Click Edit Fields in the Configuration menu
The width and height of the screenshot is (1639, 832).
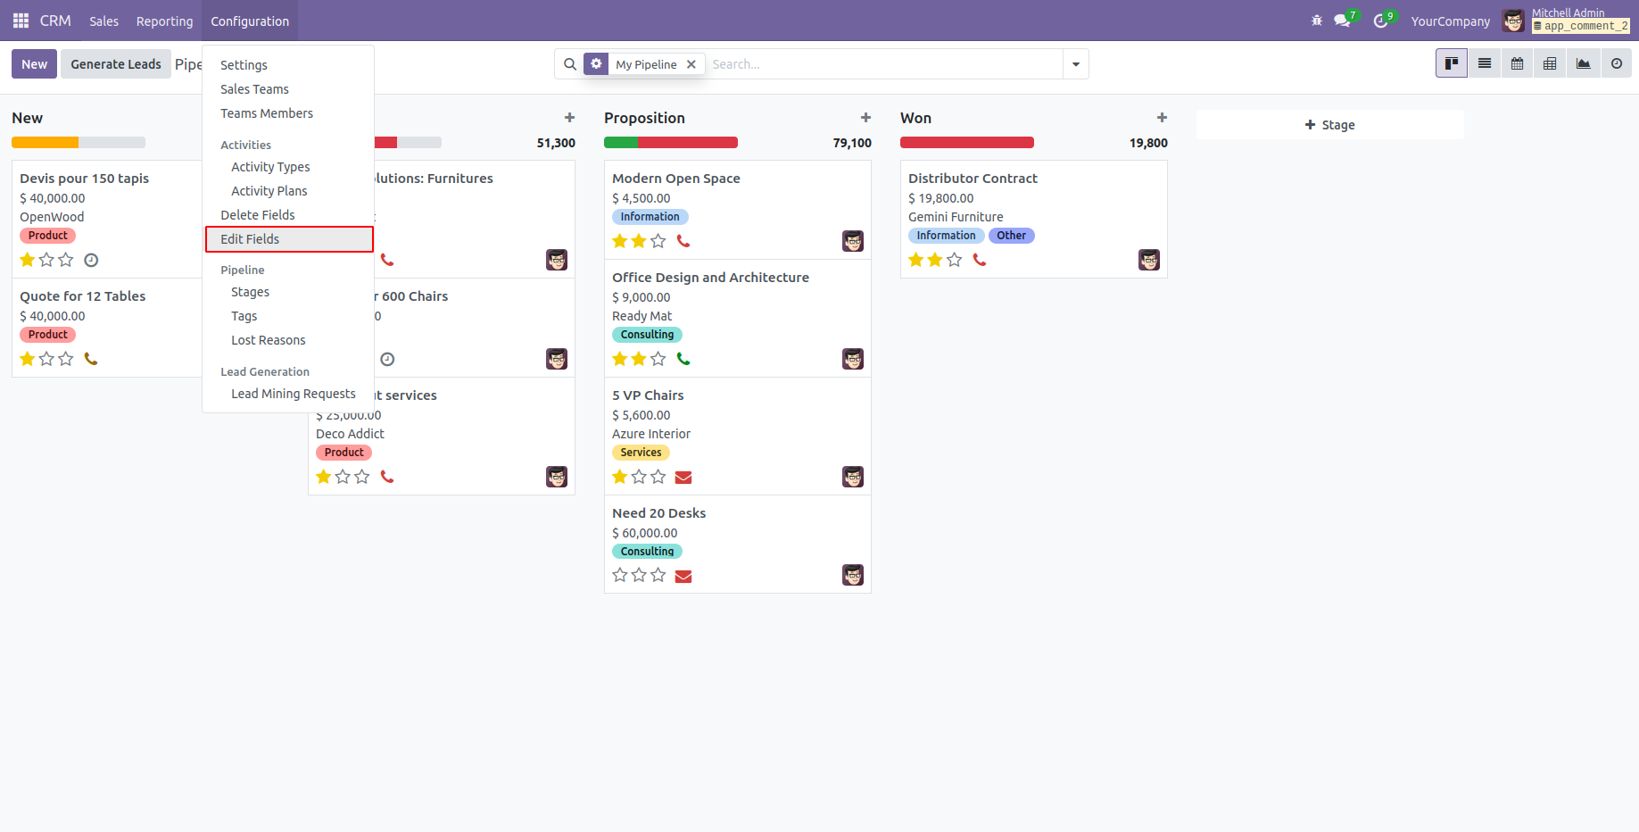[250, 239]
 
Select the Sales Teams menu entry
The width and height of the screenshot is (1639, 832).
[254, 89]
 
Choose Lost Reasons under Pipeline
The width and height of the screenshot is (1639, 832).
[268, 340]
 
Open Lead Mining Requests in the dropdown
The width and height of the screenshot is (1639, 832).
[293, 394]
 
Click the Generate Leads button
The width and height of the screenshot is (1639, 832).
[116, 64]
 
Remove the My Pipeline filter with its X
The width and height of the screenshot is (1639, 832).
[691, 64]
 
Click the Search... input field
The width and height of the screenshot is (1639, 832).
[883, 64]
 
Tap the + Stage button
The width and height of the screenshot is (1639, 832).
[1329, 125]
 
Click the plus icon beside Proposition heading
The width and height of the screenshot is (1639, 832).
[865, 118]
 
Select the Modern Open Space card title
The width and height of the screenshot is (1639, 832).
[675, 179]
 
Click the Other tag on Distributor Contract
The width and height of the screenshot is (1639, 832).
[1011, 236]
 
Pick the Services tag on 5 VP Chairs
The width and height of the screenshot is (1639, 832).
[641, 453]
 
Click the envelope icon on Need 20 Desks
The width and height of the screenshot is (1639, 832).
[683, 576]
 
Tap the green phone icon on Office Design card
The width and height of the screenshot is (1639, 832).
[683, 359]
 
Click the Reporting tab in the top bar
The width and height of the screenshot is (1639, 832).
[164, 21]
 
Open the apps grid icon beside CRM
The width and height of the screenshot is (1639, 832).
[21, 21]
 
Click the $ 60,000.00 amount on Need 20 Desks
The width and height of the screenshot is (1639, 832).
[644, 533]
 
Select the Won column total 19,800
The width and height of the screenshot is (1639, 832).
[1148, 143]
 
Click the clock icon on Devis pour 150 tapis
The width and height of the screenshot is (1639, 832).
[91, 260]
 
